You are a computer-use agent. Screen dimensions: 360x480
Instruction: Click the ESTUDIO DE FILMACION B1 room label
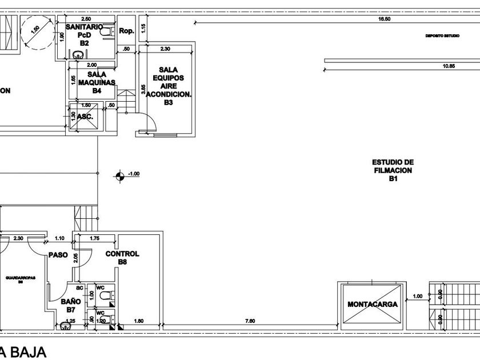(x=393, y=170)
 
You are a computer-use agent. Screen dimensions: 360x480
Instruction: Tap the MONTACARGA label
(x=372, y=304)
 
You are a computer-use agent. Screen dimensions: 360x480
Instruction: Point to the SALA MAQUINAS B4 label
(x=95, y=82)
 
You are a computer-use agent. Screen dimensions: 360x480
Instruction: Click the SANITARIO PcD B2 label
(x=84, y=34)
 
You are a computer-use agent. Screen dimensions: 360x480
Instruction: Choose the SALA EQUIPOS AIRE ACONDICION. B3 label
(x=167, y=86)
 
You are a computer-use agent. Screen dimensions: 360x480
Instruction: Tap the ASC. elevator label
(x=85, y=115)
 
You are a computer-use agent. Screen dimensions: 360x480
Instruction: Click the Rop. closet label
(x=126, y=31)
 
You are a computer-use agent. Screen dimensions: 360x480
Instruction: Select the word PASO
(x=58, y=255)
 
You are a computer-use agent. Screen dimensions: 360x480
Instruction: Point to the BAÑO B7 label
(x=67, y=306)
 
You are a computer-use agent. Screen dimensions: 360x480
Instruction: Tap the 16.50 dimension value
(x=384, y=19)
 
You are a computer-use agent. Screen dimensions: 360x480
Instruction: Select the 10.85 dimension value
(x=449, y=66)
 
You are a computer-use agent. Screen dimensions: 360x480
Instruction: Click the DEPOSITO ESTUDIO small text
(x=442, y=35)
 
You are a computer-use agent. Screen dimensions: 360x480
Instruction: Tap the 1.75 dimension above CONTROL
(x=95, y=237)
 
